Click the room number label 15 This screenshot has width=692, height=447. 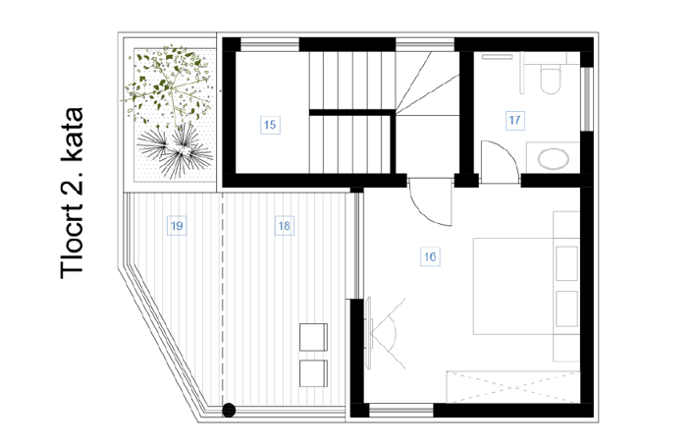coord(270,124)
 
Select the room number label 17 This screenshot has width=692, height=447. coord(514,121)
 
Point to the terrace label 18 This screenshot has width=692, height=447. coord(284,226)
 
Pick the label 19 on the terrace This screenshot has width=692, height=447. coord(176,226)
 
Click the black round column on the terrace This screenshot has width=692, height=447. coord(229,410)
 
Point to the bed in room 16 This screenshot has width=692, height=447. coord(525,285)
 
